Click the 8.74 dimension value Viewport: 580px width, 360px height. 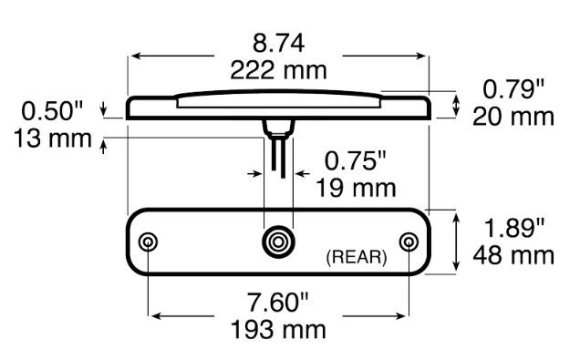(x=278, y=43)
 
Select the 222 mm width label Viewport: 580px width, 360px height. (x=278, y=70)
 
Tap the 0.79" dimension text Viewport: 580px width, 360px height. (x=513, y=89)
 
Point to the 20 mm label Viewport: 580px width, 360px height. (x=513, y=117)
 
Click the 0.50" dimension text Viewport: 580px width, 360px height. (x=52, y=111)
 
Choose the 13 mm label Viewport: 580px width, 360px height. (x=53, y=139)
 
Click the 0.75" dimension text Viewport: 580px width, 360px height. (x=355, y=160)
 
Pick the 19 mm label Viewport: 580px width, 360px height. (x=356, y=188)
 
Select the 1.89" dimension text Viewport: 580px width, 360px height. (x=513, y=228)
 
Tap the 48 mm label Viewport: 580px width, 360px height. (x=513, y=255)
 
